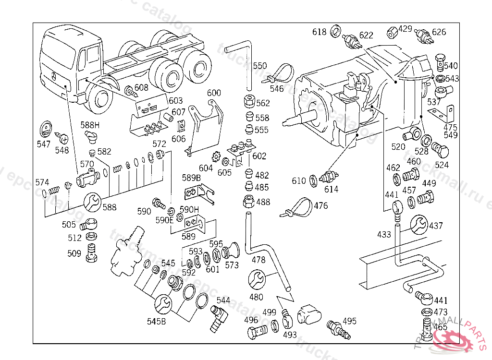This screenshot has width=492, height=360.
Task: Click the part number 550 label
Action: coord(260,66)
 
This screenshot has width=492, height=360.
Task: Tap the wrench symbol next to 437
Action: coord(419,225)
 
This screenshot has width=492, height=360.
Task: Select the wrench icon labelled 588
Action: coord(93,202)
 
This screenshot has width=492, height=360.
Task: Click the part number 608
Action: coord(141,87)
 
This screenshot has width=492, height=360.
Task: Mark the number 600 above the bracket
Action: coord(214,93)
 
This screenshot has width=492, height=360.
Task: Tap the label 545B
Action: coord(157,322)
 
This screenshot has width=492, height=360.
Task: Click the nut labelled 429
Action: coord(392,33)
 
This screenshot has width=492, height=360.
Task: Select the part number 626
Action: coord(439,32)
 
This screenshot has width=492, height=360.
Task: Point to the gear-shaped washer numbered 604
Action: coord(215,156)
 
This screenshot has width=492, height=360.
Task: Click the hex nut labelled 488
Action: coord(248,201)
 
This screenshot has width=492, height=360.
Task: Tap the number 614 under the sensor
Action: coord(331,189)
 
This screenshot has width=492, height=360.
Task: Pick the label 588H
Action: coord(90,125)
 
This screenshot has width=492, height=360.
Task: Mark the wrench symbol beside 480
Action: coord(256,279)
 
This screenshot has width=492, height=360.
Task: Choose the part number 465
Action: coord(440,327)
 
